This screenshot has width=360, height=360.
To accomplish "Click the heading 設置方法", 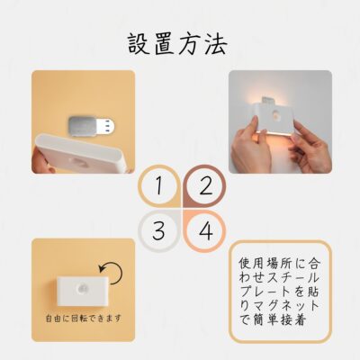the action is point(177,44).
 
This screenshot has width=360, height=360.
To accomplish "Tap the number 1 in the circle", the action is point(159,185).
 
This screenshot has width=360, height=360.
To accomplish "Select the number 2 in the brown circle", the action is point(205,186).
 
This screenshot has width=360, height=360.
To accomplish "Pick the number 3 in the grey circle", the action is point(158,230).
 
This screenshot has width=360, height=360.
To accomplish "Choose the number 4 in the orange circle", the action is point(206,231).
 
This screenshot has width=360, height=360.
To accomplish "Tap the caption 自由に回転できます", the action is point(84,318).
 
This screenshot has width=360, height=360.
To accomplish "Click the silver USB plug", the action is point(92,126).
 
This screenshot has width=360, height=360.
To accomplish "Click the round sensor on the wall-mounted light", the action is point(277,115).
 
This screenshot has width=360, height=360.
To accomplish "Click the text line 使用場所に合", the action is point(280,264).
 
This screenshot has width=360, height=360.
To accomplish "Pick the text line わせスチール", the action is point(279,277).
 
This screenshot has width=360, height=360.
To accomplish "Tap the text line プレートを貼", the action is point(279,292).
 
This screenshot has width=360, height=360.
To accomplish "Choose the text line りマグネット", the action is point(279,306).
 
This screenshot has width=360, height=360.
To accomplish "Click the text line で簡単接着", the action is point(273,319).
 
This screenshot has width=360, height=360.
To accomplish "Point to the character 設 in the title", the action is point(139,44).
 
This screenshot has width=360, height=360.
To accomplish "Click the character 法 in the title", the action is point(216,44).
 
